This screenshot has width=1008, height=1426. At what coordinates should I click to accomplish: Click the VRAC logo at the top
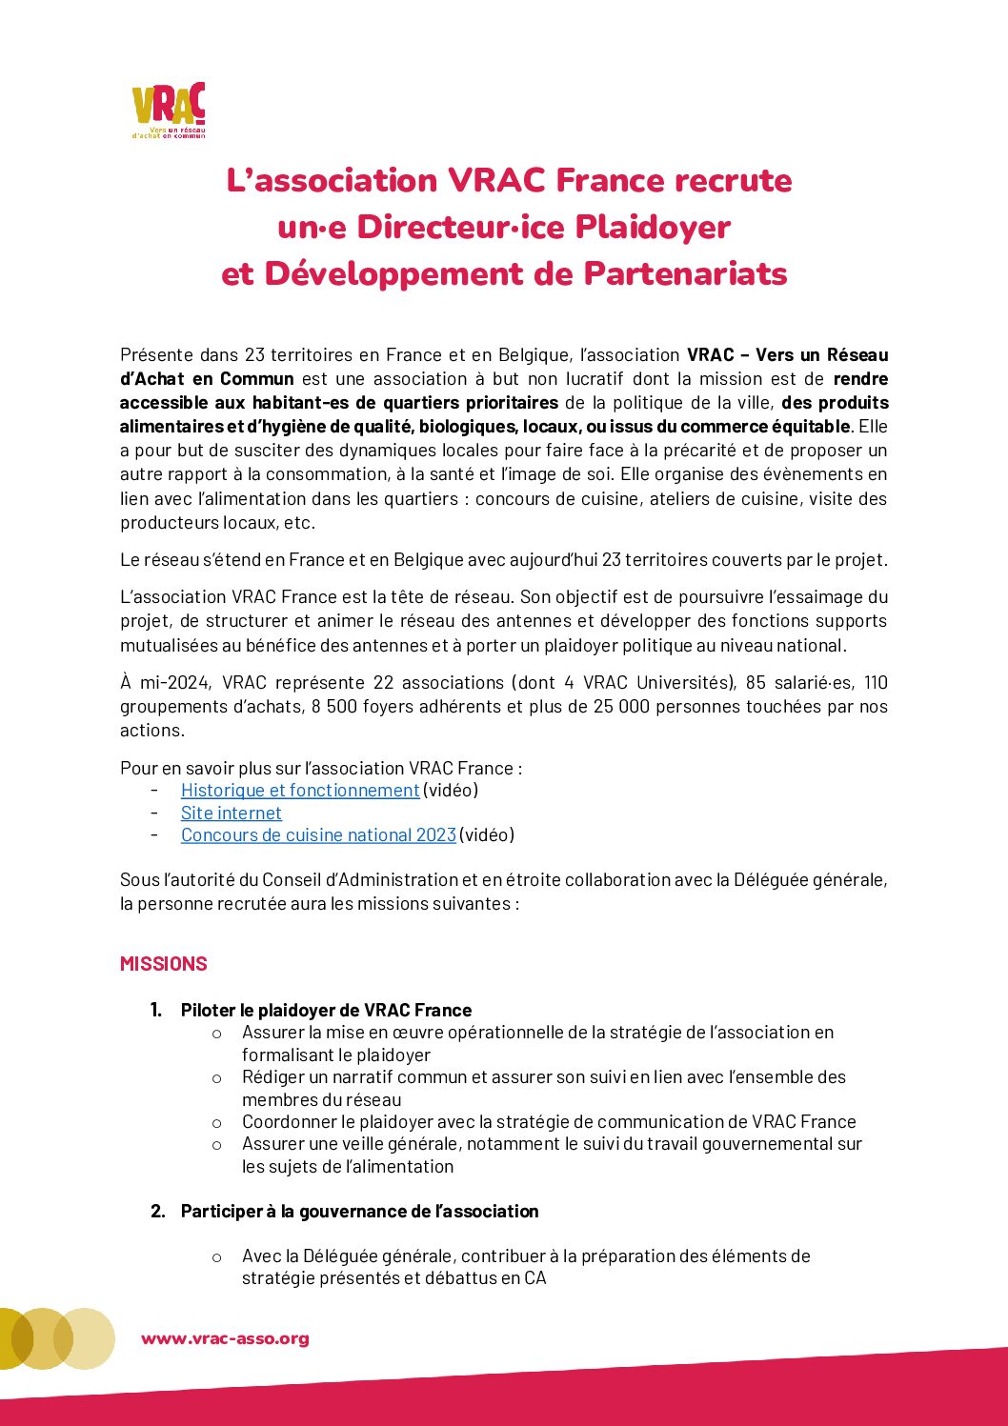coord(169,110)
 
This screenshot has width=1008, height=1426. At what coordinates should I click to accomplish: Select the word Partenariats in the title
coord(685,273)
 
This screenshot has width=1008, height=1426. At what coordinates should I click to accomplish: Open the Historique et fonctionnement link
coord(300,790)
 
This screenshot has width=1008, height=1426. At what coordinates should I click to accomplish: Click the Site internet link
coord(232,813)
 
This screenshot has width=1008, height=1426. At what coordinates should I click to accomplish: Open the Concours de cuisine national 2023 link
coord(318,834)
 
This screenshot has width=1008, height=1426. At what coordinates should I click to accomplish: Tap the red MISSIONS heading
coord(164,963)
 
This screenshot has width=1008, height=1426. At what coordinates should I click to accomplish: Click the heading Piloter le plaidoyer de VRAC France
coord(326,1010)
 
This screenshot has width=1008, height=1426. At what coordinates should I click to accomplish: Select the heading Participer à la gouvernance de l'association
coord(359,1211)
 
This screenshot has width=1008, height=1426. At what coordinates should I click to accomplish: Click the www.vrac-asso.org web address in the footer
coord(225,1338)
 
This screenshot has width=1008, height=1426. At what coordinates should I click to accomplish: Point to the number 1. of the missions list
coord(156,1010)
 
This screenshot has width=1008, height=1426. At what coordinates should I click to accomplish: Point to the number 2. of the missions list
coord(158,1211)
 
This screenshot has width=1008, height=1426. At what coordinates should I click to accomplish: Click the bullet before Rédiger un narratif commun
coord(217,1078)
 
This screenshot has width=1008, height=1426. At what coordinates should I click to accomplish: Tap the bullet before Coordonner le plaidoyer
coord(217,1122)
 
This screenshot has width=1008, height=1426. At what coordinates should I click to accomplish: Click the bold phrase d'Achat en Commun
coord(207,378)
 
